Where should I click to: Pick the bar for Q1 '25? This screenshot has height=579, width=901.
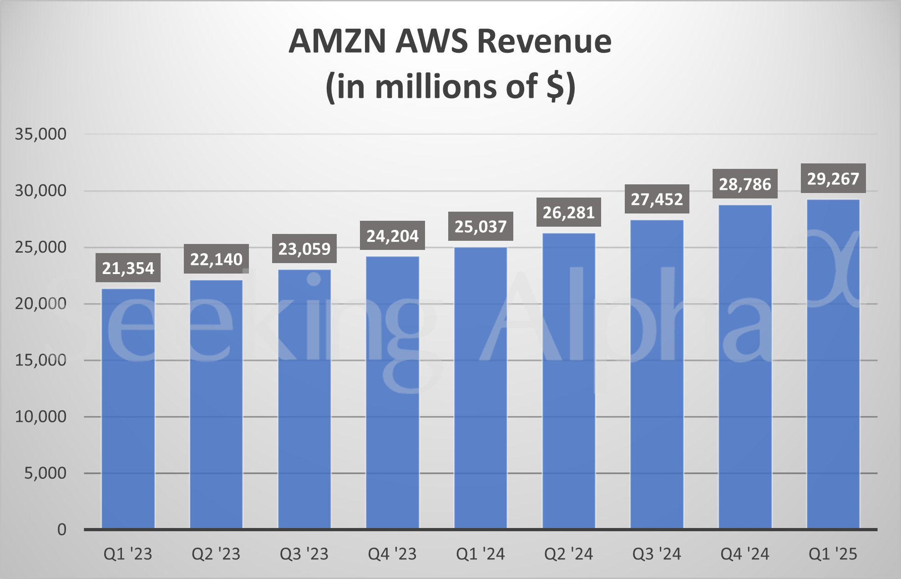pyautogui.click(x=833, y=364)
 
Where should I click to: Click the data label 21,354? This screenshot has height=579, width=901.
pyautogui.click(x=128, y=268)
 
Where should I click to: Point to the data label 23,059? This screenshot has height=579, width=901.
pyautogui.click(x=304, y=249)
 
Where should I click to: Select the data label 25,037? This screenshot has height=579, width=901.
pyautogui.click(x=481, y=226)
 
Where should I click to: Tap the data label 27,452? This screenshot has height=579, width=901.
pyautogui.click(x=657, y=199)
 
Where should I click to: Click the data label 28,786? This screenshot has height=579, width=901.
pyautogui.click(x=745, y=184)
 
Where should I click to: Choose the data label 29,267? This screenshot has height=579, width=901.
pyautogui.click(x=833, y=178)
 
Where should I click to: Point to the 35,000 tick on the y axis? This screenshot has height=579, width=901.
pyautogui.click(x=40, y=134)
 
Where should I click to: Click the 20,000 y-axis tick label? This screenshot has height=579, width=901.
pyautogui.click(x=40, y=304)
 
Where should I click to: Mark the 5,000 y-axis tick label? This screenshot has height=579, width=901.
pyautogui.click(x=45, y=473)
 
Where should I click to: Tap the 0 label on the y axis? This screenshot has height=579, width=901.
pyautogui.click(x=62, y=530)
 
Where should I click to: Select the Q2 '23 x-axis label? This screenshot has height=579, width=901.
pyautogui.click(x=216, y=554)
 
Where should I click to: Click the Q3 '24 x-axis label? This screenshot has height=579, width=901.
pyautogui.click(x=657, y=554)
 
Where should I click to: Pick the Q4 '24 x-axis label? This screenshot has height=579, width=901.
pyautogui.click(x=745, y=554)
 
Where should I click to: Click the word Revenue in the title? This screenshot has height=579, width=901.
pyautogui.click(x=544, y=41)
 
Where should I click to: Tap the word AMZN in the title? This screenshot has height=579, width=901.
pyautogui.click(x=337, y=41)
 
